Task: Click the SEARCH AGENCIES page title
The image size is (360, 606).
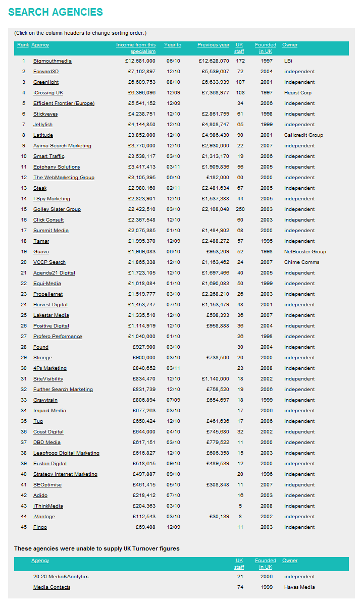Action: (56, 12)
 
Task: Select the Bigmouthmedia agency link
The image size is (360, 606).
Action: (53, 61)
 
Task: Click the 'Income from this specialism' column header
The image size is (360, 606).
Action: (136, 48)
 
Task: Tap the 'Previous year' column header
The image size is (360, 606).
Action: (213, 45)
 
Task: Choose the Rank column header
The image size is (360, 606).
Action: (23, 45)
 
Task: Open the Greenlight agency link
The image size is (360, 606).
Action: (46, 82)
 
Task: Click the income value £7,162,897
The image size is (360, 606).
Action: (141, 72)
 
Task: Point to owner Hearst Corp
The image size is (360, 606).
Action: (298, 93)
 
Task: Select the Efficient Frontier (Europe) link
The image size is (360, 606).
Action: (64, 103)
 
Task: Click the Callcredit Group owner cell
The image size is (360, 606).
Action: (303, 135)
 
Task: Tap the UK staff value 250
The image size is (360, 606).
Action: (240, 209)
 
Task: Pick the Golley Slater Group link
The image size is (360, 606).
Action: (57, 209)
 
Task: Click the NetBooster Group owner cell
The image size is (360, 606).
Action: (305, 252)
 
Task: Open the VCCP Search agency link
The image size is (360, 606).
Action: (49, 262)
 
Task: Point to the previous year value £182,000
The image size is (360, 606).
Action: (218, 178)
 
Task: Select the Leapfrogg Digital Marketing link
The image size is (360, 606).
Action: (66, 453)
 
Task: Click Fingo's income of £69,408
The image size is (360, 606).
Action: (145, 527)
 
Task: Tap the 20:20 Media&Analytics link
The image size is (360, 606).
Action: (61, 577)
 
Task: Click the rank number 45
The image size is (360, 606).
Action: (24, 527)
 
